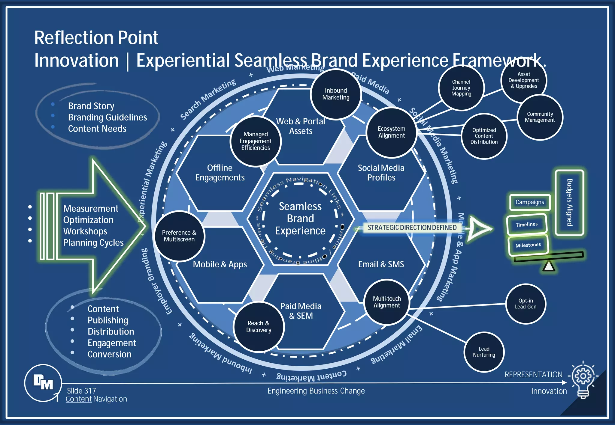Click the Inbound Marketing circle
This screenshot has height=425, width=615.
(336, 94)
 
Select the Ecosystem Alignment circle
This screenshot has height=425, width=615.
(391, 132)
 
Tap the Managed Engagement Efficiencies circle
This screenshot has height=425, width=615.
(256, 141)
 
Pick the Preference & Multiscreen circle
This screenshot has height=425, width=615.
(179, 236)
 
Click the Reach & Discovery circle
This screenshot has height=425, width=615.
(259, 327)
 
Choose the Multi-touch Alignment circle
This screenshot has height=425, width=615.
(387, 302)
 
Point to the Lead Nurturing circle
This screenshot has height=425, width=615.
(484, 352)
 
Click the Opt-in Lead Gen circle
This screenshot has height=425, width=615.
(526, 304)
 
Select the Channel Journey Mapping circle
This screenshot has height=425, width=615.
(461, 88)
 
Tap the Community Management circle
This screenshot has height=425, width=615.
(540, 117)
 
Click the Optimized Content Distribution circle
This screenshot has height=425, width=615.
(484, 136)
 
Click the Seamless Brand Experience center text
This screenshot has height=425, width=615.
(300, 218)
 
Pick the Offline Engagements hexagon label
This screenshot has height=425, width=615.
(220, 173)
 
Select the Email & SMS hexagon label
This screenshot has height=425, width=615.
(381, 264)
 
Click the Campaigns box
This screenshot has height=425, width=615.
(530, 202)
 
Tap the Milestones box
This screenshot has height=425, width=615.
(528, 245)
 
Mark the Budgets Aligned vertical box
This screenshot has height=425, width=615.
(569, 203)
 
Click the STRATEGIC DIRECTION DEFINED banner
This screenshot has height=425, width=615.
(412, 227)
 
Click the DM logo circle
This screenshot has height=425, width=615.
(43, 383)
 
